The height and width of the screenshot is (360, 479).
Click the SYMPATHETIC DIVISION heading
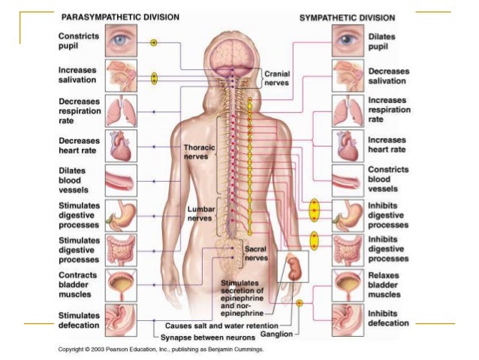pyautogui.click(x=348, y=17)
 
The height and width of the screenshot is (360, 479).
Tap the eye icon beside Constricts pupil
pyautogui.click(x=121, y=41)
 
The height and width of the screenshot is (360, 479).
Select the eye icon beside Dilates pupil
pyautogui.click(x=347, y=41)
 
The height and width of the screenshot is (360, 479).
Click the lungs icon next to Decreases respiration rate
pyautogui.click(x=121, y=110)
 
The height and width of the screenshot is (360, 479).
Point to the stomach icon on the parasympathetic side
pyautogui.click(x=121, y=213)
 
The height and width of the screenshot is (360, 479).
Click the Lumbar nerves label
pyautogui.click(x=199, y=213)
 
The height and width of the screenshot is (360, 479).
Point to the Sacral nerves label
pyautogui.click(x=257, y=253)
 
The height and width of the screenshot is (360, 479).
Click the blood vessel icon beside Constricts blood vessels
pyautogui.click(x=347, y=179)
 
